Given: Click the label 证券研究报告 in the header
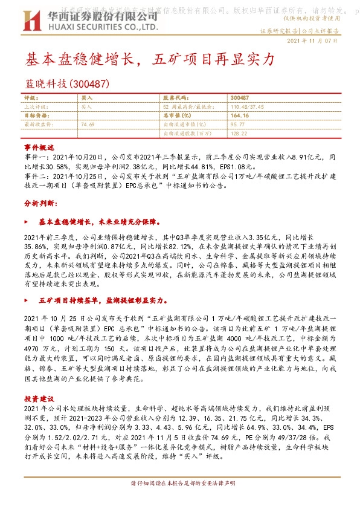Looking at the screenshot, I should click(x=280, y=30).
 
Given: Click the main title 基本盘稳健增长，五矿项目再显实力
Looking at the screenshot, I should click(x=150, y=59).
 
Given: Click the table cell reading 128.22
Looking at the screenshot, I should click(x=239, y=132).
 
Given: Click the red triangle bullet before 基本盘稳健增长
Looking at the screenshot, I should click(x=25, y=222).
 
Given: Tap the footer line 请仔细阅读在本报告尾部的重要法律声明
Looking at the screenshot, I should click(x=181, y=501).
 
